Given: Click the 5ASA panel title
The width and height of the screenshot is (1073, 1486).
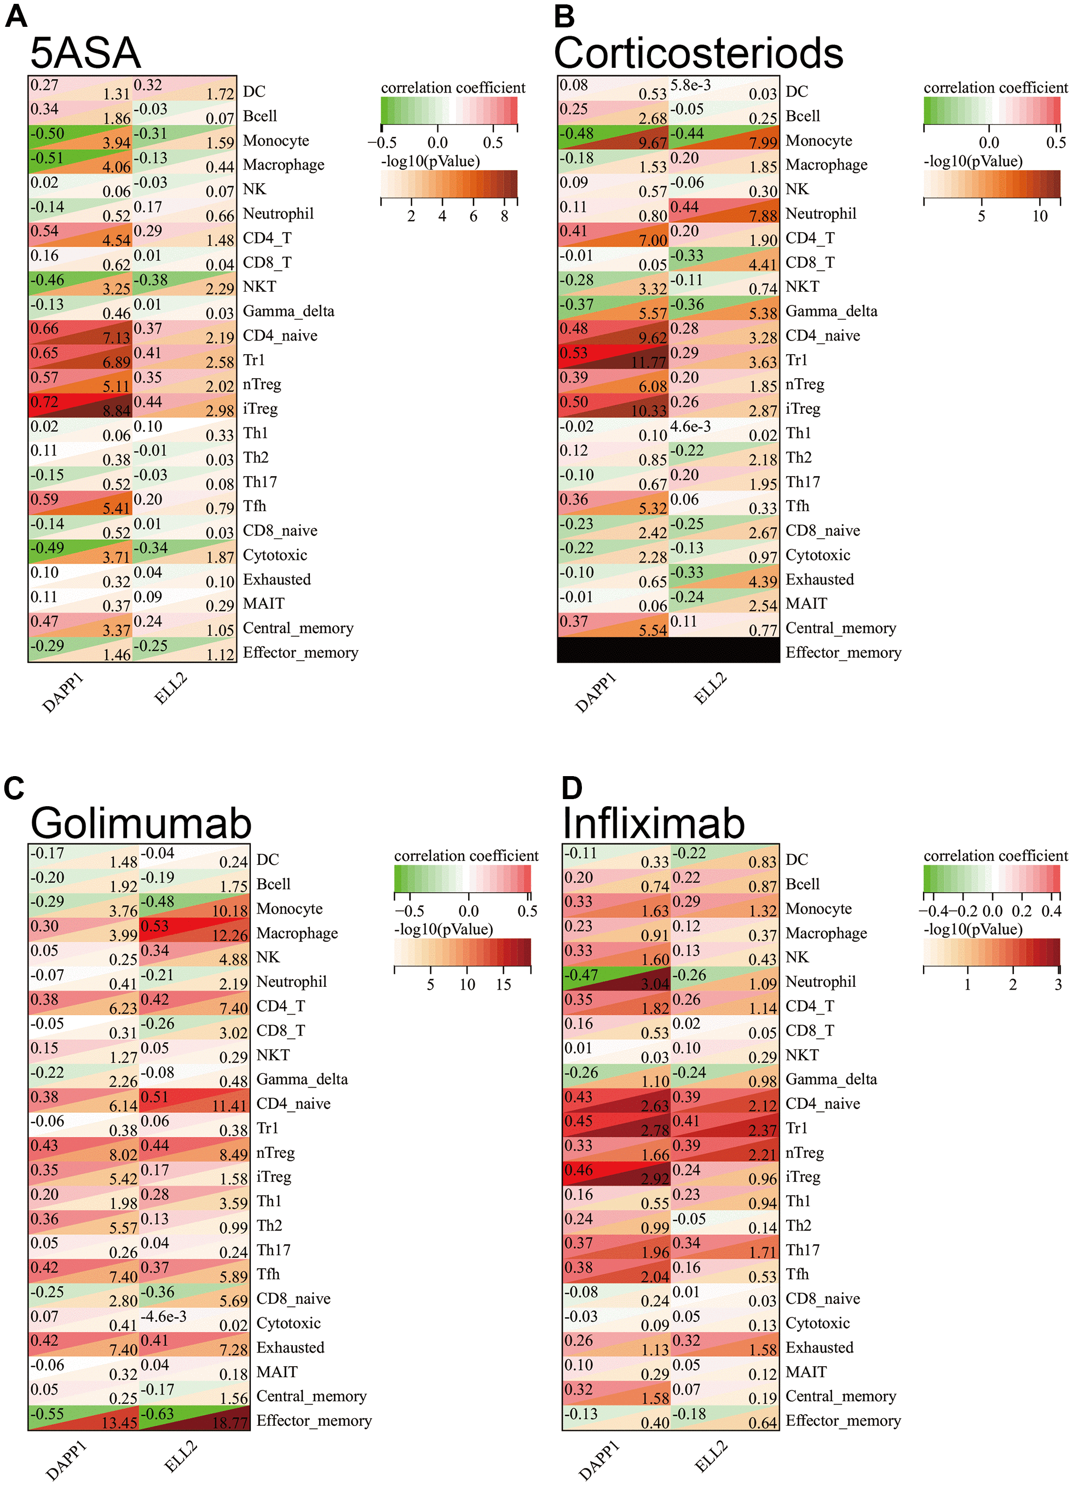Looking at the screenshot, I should tap(85, 53).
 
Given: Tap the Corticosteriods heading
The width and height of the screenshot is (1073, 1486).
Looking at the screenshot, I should tap(698, 53).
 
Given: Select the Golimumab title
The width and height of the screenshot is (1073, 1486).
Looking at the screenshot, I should tap(141, 823).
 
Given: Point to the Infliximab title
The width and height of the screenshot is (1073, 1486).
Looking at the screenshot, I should tap(654, 823).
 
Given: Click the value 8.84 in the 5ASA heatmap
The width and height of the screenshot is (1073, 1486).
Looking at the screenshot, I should tap(117, 411).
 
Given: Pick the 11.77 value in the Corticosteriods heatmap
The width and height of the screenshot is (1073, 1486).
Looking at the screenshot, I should tap(648, 362).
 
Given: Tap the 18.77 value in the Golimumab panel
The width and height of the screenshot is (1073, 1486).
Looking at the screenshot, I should tap(230, 1423).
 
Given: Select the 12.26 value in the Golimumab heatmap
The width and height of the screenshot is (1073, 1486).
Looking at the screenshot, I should tap(230, 935).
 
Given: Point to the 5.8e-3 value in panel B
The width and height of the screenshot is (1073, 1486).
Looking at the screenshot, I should tap(690, 85).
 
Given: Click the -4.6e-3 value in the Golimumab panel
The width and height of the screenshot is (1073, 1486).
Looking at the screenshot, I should tap(164, 1316).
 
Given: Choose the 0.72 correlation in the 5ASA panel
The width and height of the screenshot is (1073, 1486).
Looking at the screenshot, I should tap(44, 402).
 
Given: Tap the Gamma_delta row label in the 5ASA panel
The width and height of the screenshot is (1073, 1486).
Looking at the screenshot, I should tap(289, 311).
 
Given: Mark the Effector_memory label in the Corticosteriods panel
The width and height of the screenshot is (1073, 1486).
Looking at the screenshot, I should tap(843, 652).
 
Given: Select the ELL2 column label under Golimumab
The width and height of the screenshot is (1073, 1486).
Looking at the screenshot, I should tap(180, 1456).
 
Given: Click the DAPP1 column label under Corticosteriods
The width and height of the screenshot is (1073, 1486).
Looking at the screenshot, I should tap(595, 693).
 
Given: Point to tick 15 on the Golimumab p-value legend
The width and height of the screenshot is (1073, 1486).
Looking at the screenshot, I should tap(504, 985).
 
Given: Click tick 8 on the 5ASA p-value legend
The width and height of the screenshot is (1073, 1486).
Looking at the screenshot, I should tap(504, 217).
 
